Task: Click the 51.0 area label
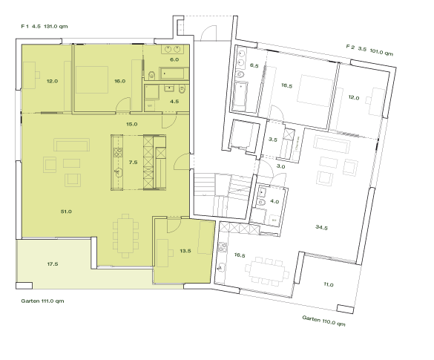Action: [x=66, y=212]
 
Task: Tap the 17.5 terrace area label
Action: [x=53, y=264]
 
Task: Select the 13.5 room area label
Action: [x=185, y=251]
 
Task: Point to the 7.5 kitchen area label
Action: [x=134, y=161]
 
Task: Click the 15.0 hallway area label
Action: [x=132, y=124]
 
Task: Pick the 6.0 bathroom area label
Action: [x=174, y=59]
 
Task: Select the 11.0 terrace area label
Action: [x=329, y=284]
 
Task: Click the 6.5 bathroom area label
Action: [x=254, y=66]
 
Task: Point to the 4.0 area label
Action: [x=274, y=201]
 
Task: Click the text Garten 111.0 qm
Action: [x=44, y=301]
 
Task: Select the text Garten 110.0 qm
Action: [x=324, y=321]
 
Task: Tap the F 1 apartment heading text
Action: [x=51, y=27]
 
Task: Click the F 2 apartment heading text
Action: [x=369, y=50]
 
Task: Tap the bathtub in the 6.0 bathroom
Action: [x=176, y=73]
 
